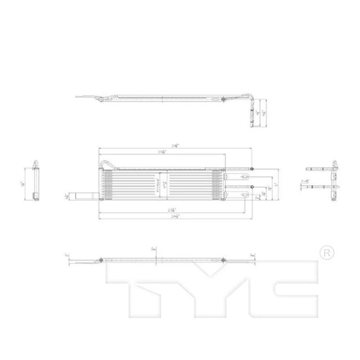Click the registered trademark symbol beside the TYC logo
tap(325, 252)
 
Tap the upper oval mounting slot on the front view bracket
tap(245, 178)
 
